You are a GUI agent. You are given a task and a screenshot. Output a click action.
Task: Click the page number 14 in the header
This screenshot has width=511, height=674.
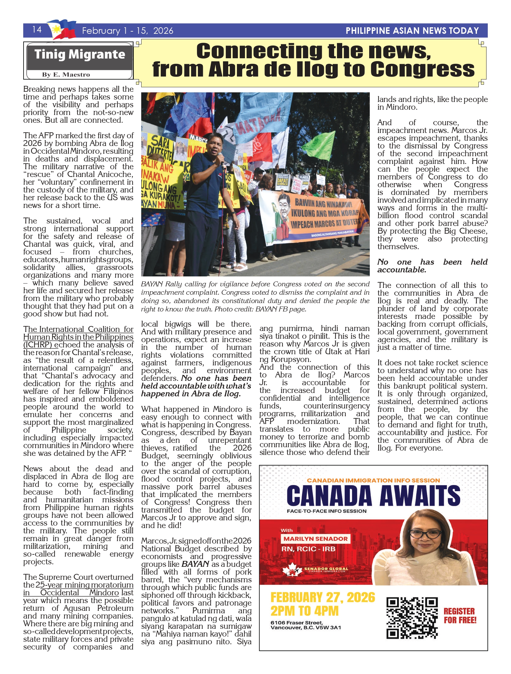point(37,29)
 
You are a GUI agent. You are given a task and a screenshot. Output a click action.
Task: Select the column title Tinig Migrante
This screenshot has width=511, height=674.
point(80,55)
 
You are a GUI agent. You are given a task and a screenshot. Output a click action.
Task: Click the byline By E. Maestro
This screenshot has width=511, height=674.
point(66,75)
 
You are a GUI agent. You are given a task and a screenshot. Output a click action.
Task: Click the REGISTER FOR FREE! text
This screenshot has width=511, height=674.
point(460,616)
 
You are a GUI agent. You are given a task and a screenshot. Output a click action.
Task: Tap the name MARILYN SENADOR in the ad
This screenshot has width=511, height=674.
point(316,539)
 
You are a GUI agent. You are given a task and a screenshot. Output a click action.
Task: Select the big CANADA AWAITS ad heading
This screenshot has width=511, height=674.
point(373,496)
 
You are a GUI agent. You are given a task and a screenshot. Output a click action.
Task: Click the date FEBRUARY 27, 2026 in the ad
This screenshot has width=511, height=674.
point(322,598)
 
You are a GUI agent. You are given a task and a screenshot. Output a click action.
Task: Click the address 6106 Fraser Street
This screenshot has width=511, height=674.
point(296,623)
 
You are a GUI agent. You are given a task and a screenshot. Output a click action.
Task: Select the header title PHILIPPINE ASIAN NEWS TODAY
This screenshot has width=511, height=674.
point(412,31)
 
